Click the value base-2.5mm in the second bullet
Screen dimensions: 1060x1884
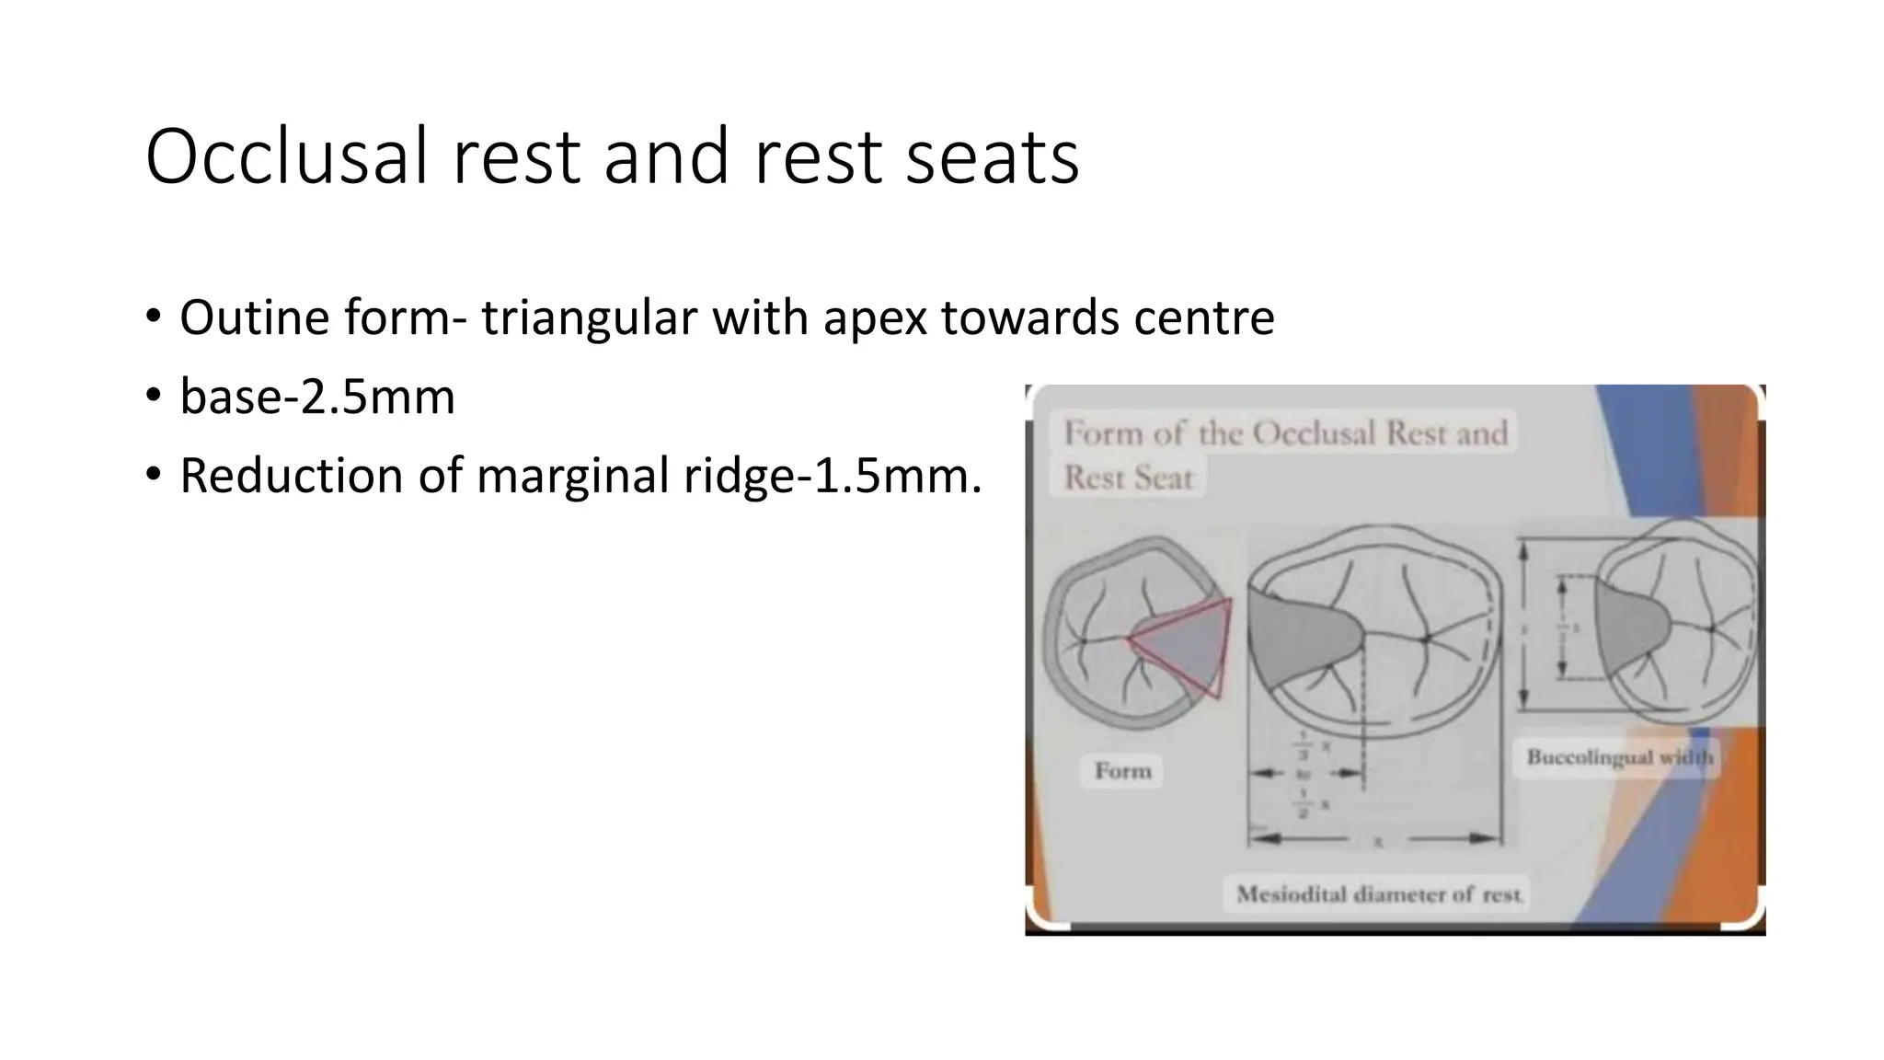click(317, 397)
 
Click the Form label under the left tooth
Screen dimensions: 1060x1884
click(1122, 770)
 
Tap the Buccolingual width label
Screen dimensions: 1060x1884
click(1619, 757)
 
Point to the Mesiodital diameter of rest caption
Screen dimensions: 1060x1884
click(1378, 894)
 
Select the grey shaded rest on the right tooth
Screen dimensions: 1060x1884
click(1628, 630)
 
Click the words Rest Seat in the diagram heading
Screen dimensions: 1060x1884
click(1128, 478)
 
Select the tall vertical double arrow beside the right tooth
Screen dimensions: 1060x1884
click(1523, 626)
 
